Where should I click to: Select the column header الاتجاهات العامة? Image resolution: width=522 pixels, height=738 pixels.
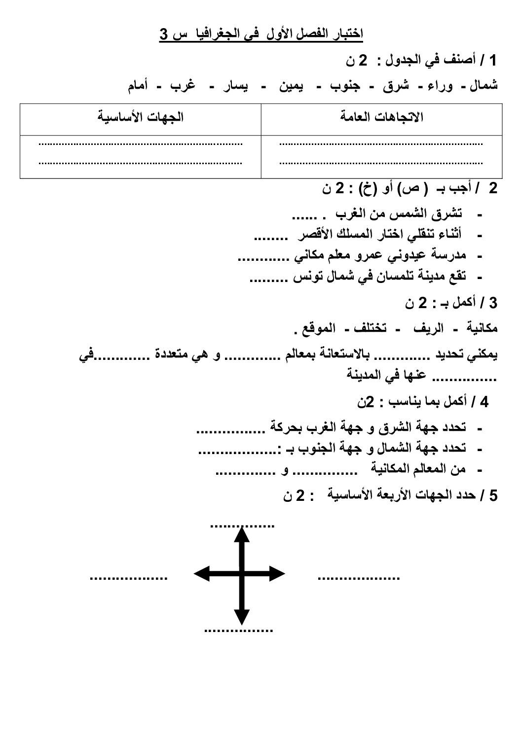382,117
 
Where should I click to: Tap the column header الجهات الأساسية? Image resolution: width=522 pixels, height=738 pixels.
141,117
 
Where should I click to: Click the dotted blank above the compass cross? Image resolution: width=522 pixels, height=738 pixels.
242,526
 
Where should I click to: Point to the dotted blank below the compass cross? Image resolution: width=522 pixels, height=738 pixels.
238,630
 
